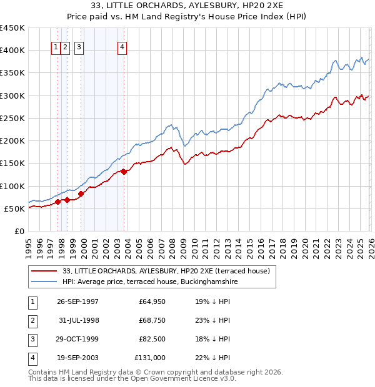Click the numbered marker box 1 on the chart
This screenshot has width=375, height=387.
56,46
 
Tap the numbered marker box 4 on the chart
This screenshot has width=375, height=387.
122,46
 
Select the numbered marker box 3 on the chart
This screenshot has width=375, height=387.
79,46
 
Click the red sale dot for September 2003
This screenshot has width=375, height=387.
124,172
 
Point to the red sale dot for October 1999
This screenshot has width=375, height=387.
81,193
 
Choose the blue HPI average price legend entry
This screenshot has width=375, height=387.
150,282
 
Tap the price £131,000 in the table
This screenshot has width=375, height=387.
150,358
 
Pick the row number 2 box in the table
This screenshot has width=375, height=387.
32,320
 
